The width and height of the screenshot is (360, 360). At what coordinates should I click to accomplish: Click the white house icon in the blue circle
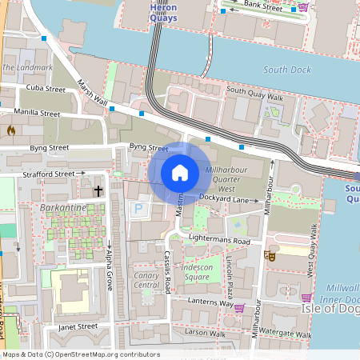180,172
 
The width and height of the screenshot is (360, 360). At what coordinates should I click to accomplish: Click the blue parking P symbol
138,209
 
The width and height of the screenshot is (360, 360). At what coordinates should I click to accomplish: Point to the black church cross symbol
98,191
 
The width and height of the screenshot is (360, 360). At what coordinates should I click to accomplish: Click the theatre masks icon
270,256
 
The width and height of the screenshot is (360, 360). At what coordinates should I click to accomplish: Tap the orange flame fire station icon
11,129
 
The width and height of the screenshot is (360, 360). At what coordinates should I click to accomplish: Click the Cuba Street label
46,88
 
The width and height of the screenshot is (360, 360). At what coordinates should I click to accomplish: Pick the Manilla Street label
35,114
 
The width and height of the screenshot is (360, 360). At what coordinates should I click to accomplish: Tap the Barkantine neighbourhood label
62,207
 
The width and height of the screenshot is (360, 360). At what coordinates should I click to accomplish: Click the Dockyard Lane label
227,198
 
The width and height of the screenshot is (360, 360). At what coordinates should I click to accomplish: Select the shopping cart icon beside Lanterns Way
239,307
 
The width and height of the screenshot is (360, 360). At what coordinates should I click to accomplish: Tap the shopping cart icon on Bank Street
303,7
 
